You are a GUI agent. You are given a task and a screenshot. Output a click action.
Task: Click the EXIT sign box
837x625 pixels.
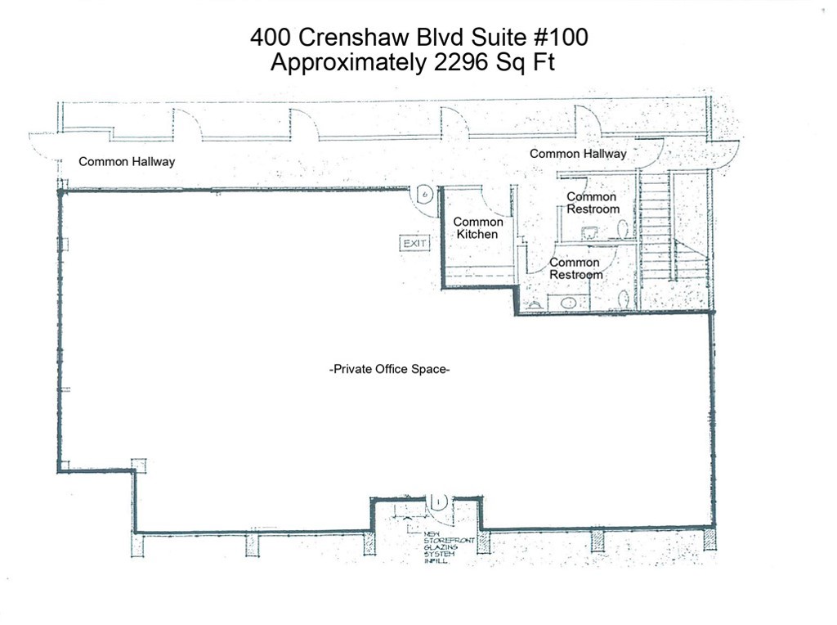tap(414, 243)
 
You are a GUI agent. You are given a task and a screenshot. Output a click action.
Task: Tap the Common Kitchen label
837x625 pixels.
tap(478, 228)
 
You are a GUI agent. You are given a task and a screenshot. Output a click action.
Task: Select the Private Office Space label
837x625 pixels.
tap(390, 370)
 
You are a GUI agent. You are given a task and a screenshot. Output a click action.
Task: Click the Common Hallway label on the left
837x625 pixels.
tap(127, 161)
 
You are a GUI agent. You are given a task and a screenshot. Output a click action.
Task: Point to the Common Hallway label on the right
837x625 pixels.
tap(578, 153)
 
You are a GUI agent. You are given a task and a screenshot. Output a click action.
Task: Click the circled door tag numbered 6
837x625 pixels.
tap(423, 195)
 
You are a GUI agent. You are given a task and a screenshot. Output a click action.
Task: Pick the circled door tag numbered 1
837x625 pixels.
tap(438, 501)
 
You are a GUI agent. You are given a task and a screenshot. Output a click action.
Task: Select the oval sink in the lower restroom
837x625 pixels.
tap(568, 303)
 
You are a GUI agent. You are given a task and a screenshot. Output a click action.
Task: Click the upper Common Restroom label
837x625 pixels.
tap(592, 203)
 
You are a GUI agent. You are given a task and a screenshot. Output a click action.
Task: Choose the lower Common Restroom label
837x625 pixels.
tap(575, 268)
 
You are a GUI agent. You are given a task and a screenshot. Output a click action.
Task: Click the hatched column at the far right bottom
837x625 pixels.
tap(709, 539)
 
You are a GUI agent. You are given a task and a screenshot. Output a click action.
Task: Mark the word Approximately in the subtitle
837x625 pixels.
tap(347, 63)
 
